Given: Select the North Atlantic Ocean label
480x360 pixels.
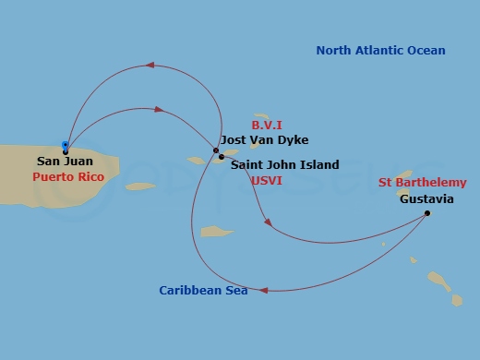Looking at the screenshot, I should click(380, 51).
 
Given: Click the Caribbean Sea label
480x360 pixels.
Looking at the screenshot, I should click(202, 290).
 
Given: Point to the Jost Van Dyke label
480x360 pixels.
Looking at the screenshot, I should click(265, 140).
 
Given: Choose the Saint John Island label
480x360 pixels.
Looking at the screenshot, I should click(284, 165).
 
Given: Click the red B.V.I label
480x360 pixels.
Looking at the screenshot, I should click(267, 124).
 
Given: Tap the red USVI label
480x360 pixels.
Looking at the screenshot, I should click(266, 181).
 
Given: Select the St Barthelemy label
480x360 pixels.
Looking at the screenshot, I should click(422, 183).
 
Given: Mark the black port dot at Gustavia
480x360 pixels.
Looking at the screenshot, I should click(427, 214).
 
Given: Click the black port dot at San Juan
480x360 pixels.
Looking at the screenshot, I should click(66, 151).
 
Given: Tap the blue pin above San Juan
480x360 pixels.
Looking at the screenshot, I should click(65, 145).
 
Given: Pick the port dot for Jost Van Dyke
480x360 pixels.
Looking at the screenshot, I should click(215, 150).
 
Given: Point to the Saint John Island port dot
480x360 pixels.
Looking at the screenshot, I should click(222, 157).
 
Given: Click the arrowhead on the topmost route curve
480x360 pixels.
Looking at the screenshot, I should click(150, 66).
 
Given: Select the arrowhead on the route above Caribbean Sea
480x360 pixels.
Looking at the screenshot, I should click(263, 290).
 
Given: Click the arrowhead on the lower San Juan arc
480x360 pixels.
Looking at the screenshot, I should click(159, 110).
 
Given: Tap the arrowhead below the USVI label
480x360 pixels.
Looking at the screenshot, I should click(267, 222).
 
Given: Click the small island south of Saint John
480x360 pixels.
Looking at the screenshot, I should click(218, 232).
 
